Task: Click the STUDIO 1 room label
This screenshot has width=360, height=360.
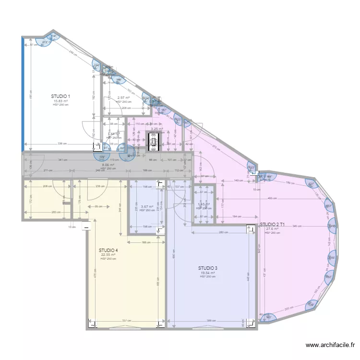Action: click(60, 96)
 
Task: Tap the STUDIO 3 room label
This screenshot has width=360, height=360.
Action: click(208, 268)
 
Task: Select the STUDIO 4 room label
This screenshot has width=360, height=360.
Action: click(108, 250)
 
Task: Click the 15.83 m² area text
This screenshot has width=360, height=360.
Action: click(60, 101)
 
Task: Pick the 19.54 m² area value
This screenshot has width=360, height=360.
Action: click(208, 273)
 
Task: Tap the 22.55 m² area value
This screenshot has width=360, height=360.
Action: click(108, 255)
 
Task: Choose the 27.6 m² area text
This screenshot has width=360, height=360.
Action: click(272, 229)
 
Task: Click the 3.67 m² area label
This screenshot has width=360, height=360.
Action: click(147, 206)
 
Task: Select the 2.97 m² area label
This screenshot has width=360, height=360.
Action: click(124, 98)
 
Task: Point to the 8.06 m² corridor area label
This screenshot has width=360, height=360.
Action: click(108, 165)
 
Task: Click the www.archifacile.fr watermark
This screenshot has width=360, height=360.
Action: click(331, 345)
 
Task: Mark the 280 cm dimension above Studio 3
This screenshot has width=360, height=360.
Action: click(223, 233)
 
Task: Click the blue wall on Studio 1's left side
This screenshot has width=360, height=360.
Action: click(22, 94)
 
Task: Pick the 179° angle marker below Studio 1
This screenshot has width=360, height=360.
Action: click(102, 157)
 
